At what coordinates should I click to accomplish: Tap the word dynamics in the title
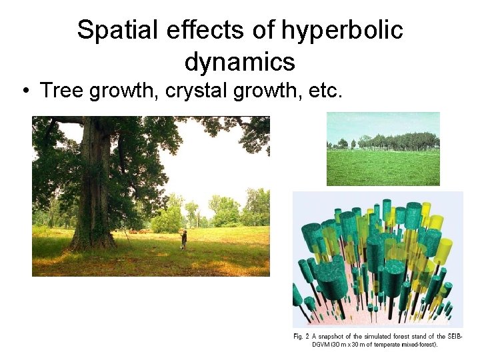(x=239, y=62)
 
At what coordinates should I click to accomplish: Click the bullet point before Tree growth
(x=27, y=91)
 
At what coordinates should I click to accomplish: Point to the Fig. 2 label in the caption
(x=303, y=336)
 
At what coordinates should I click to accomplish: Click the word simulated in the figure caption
(x=378, y=336)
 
